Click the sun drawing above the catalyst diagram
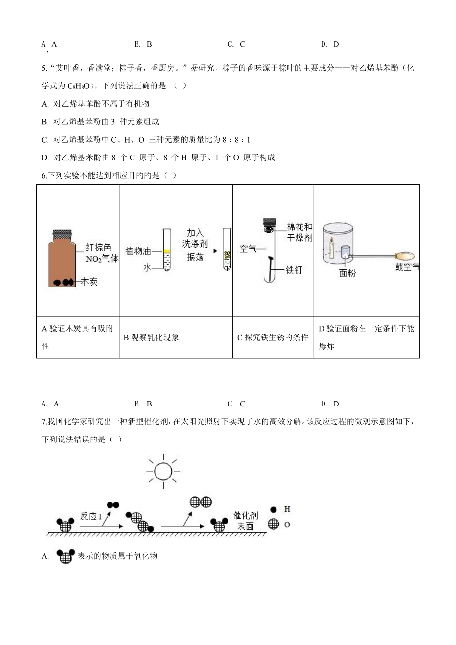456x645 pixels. point(163,471)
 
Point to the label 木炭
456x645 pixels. point(90,282)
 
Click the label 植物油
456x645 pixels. point(138,251)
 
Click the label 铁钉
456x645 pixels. point(294,270)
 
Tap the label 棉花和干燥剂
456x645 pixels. point(300,232)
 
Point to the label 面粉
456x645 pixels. point(347,274)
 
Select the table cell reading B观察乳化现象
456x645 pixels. point(151,337)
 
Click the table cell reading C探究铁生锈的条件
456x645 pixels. point(273,337)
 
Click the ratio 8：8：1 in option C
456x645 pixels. point(236,140)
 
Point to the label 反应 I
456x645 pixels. point(91,516)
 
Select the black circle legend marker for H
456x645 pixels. point(274,509)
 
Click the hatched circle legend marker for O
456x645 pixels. point(274,525)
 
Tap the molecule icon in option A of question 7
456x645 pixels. point(65,556)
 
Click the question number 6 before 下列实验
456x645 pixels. point(44,176)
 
